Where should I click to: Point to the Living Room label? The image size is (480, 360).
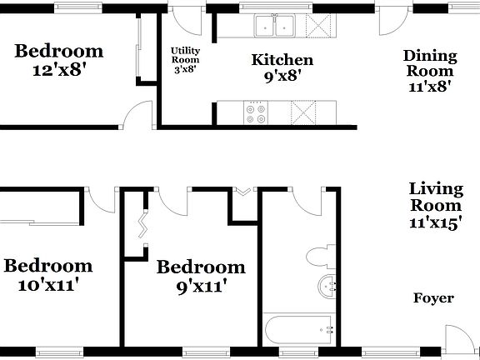[x=435, y=197]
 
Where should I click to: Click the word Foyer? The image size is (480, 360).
[x=433, y=298]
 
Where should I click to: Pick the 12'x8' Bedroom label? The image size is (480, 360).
[x=59, y=60]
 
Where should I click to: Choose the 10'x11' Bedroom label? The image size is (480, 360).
[x=47, y=275]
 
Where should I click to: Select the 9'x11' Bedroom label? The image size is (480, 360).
[x=201, y=277]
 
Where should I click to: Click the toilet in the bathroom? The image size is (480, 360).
[x=321, y=255]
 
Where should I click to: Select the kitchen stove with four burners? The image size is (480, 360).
[x=256, y=112]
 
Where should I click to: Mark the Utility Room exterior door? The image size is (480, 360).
[x=192, y=18]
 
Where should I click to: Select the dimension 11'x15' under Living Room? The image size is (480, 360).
[x=435, y=222]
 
